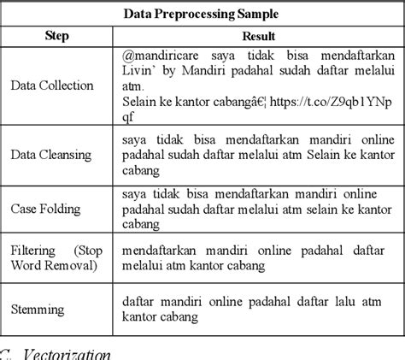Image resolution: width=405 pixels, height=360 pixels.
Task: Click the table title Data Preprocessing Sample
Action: pyautogui.click(x=202, y=15)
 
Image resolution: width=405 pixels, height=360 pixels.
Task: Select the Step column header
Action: pyautogui.click(x=56, y=37)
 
